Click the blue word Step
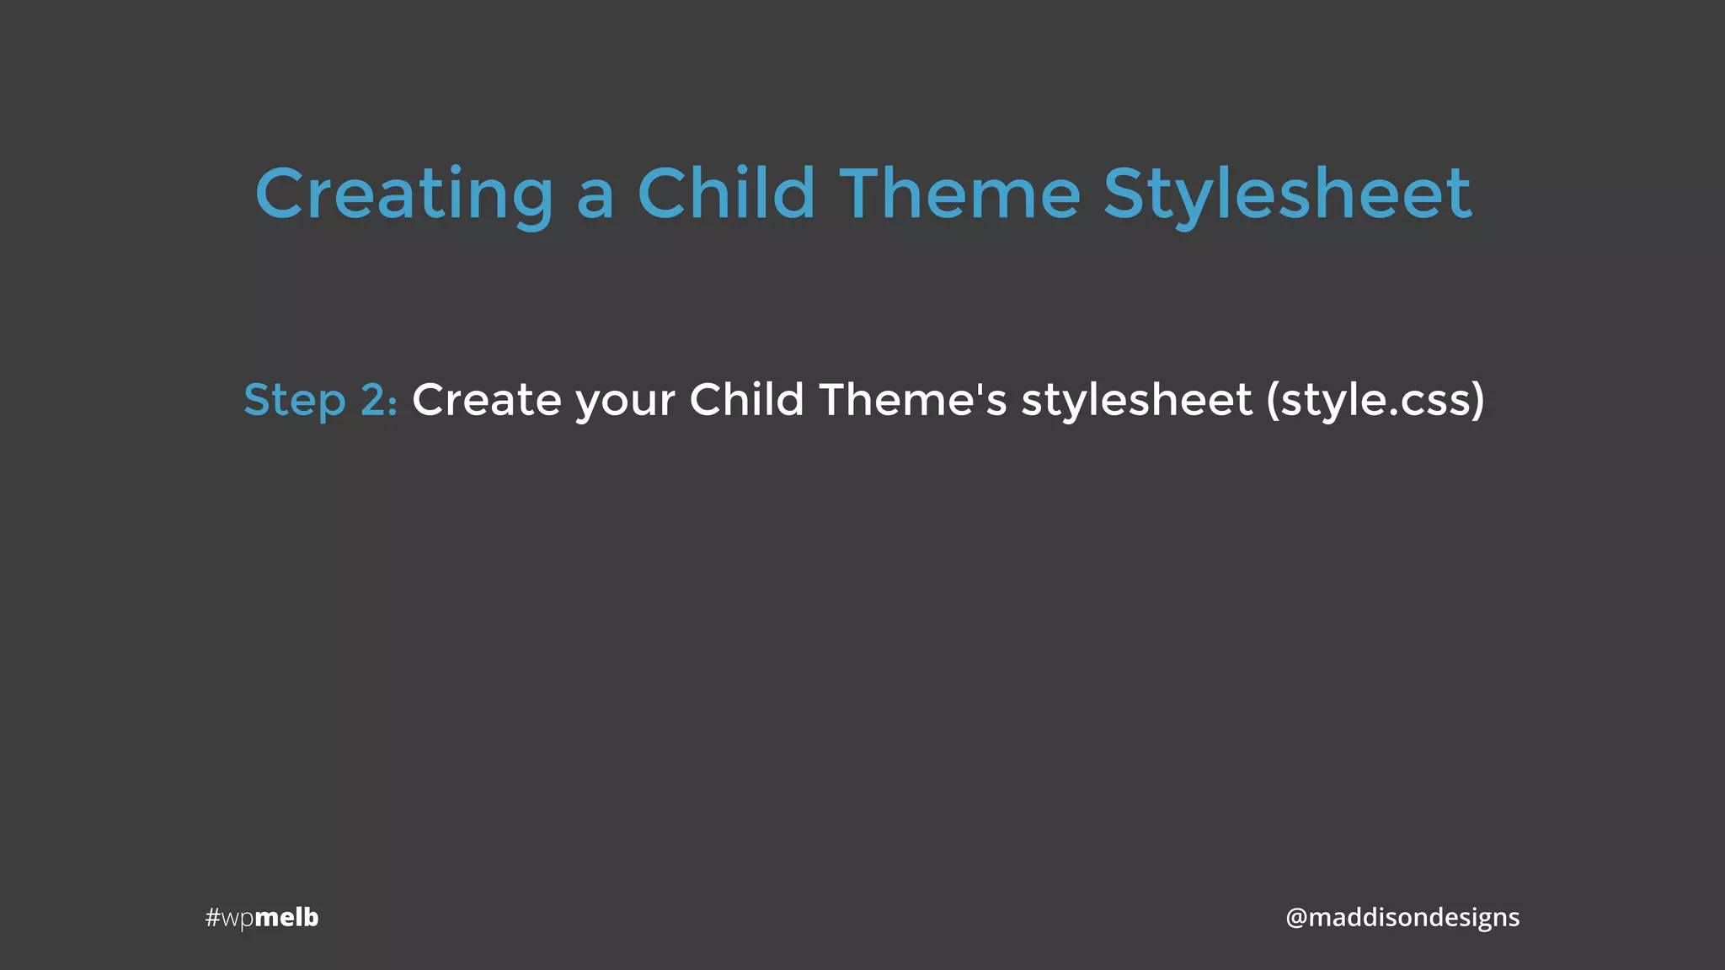[x=294, y=401]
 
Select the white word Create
[x=486, y=400]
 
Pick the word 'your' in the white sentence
[x=625, y=403]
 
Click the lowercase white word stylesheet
[x=1136, y=400]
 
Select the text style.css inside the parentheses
[x=1375, y=401]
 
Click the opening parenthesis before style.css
[x=1273, y=401]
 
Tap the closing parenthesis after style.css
[x=1477, y=401]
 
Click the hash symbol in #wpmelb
[x=212, y=917]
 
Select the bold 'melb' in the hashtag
[x=286, y=917]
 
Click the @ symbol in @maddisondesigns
[x=1295, y=918]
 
